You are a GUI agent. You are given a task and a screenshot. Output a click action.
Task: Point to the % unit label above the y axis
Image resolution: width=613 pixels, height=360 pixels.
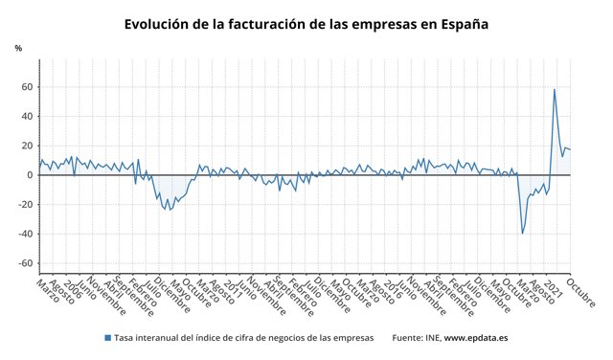point(17,48)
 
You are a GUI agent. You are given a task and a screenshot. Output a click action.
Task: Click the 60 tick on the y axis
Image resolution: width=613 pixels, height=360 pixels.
point(28,87)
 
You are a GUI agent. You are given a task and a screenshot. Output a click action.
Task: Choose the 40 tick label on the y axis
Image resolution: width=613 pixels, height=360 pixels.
point(28,117)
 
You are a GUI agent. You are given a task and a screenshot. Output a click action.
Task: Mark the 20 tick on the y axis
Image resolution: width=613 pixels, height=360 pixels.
point(28,146)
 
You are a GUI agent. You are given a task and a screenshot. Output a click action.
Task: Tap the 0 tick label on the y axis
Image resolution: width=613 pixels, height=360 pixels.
point(31,175)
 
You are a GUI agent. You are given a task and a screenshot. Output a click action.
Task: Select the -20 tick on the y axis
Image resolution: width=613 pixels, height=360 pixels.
point(26,205)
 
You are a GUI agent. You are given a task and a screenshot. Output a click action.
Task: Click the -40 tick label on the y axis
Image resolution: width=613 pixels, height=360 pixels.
point(26,234)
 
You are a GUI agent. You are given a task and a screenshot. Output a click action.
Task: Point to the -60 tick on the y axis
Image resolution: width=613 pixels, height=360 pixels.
point(26,263)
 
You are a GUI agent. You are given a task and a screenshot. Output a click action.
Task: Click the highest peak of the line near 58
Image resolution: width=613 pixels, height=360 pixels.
point(555,90)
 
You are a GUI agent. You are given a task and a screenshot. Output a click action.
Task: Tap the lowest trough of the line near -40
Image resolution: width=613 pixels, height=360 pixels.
point(522,233)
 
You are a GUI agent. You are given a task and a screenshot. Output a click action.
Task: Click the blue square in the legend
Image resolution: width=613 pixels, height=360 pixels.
point(106,338)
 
